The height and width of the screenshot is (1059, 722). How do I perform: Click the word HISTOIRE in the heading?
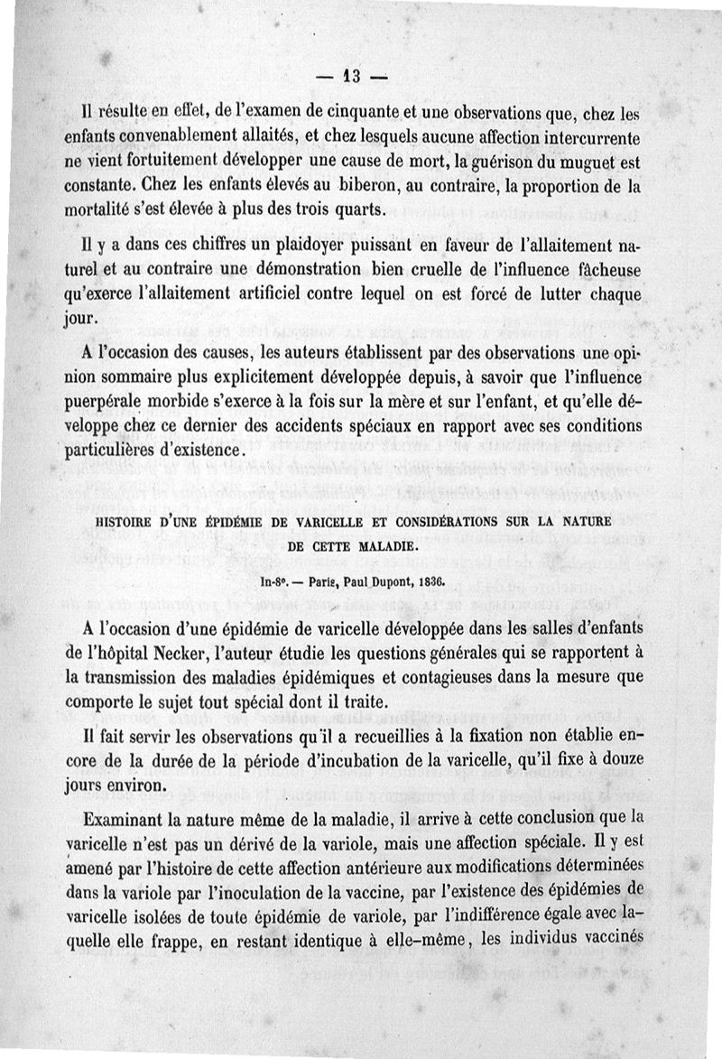pyautogui.click(x=149, y=521)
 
